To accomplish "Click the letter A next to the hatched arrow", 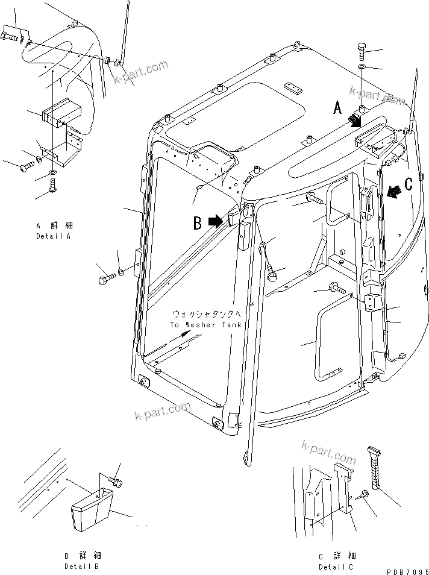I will tap(337, 108).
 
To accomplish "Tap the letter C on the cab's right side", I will tap(408, 184).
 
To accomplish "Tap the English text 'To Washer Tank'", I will tap(205, 324).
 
